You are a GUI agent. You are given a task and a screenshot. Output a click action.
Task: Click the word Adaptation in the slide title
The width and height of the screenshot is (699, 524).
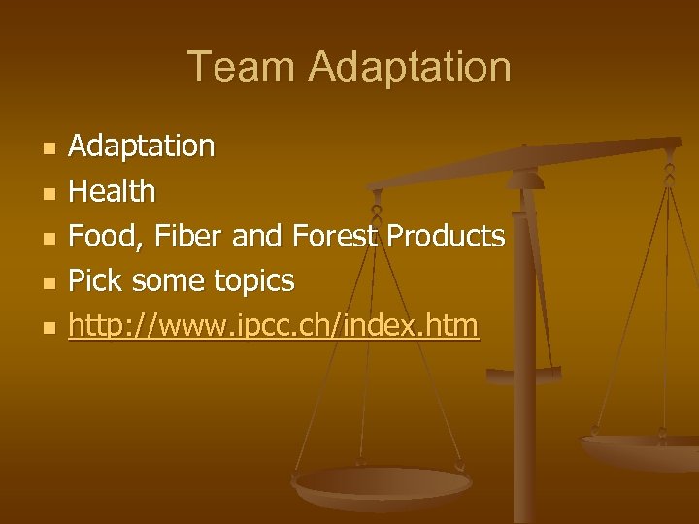[410, 67]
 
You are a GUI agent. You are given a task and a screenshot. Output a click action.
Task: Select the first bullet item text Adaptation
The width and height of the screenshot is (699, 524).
[142, 147]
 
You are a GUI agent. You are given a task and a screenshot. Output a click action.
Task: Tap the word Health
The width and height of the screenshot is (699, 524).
[112, 191]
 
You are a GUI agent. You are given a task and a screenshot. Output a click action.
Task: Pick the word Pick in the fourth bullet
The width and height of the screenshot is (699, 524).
[94, 281]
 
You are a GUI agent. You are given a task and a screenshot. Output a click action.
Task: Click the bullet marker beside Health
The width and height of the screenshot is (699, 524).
[50, 193]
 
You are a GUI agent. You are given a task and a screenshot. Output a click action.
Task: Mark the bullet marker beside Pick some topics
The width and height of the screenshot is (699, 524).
[50, 283]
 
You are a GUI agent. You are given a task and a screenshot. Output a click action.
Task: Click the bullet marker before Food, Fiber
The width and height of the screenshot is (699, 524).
[50, 238]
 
